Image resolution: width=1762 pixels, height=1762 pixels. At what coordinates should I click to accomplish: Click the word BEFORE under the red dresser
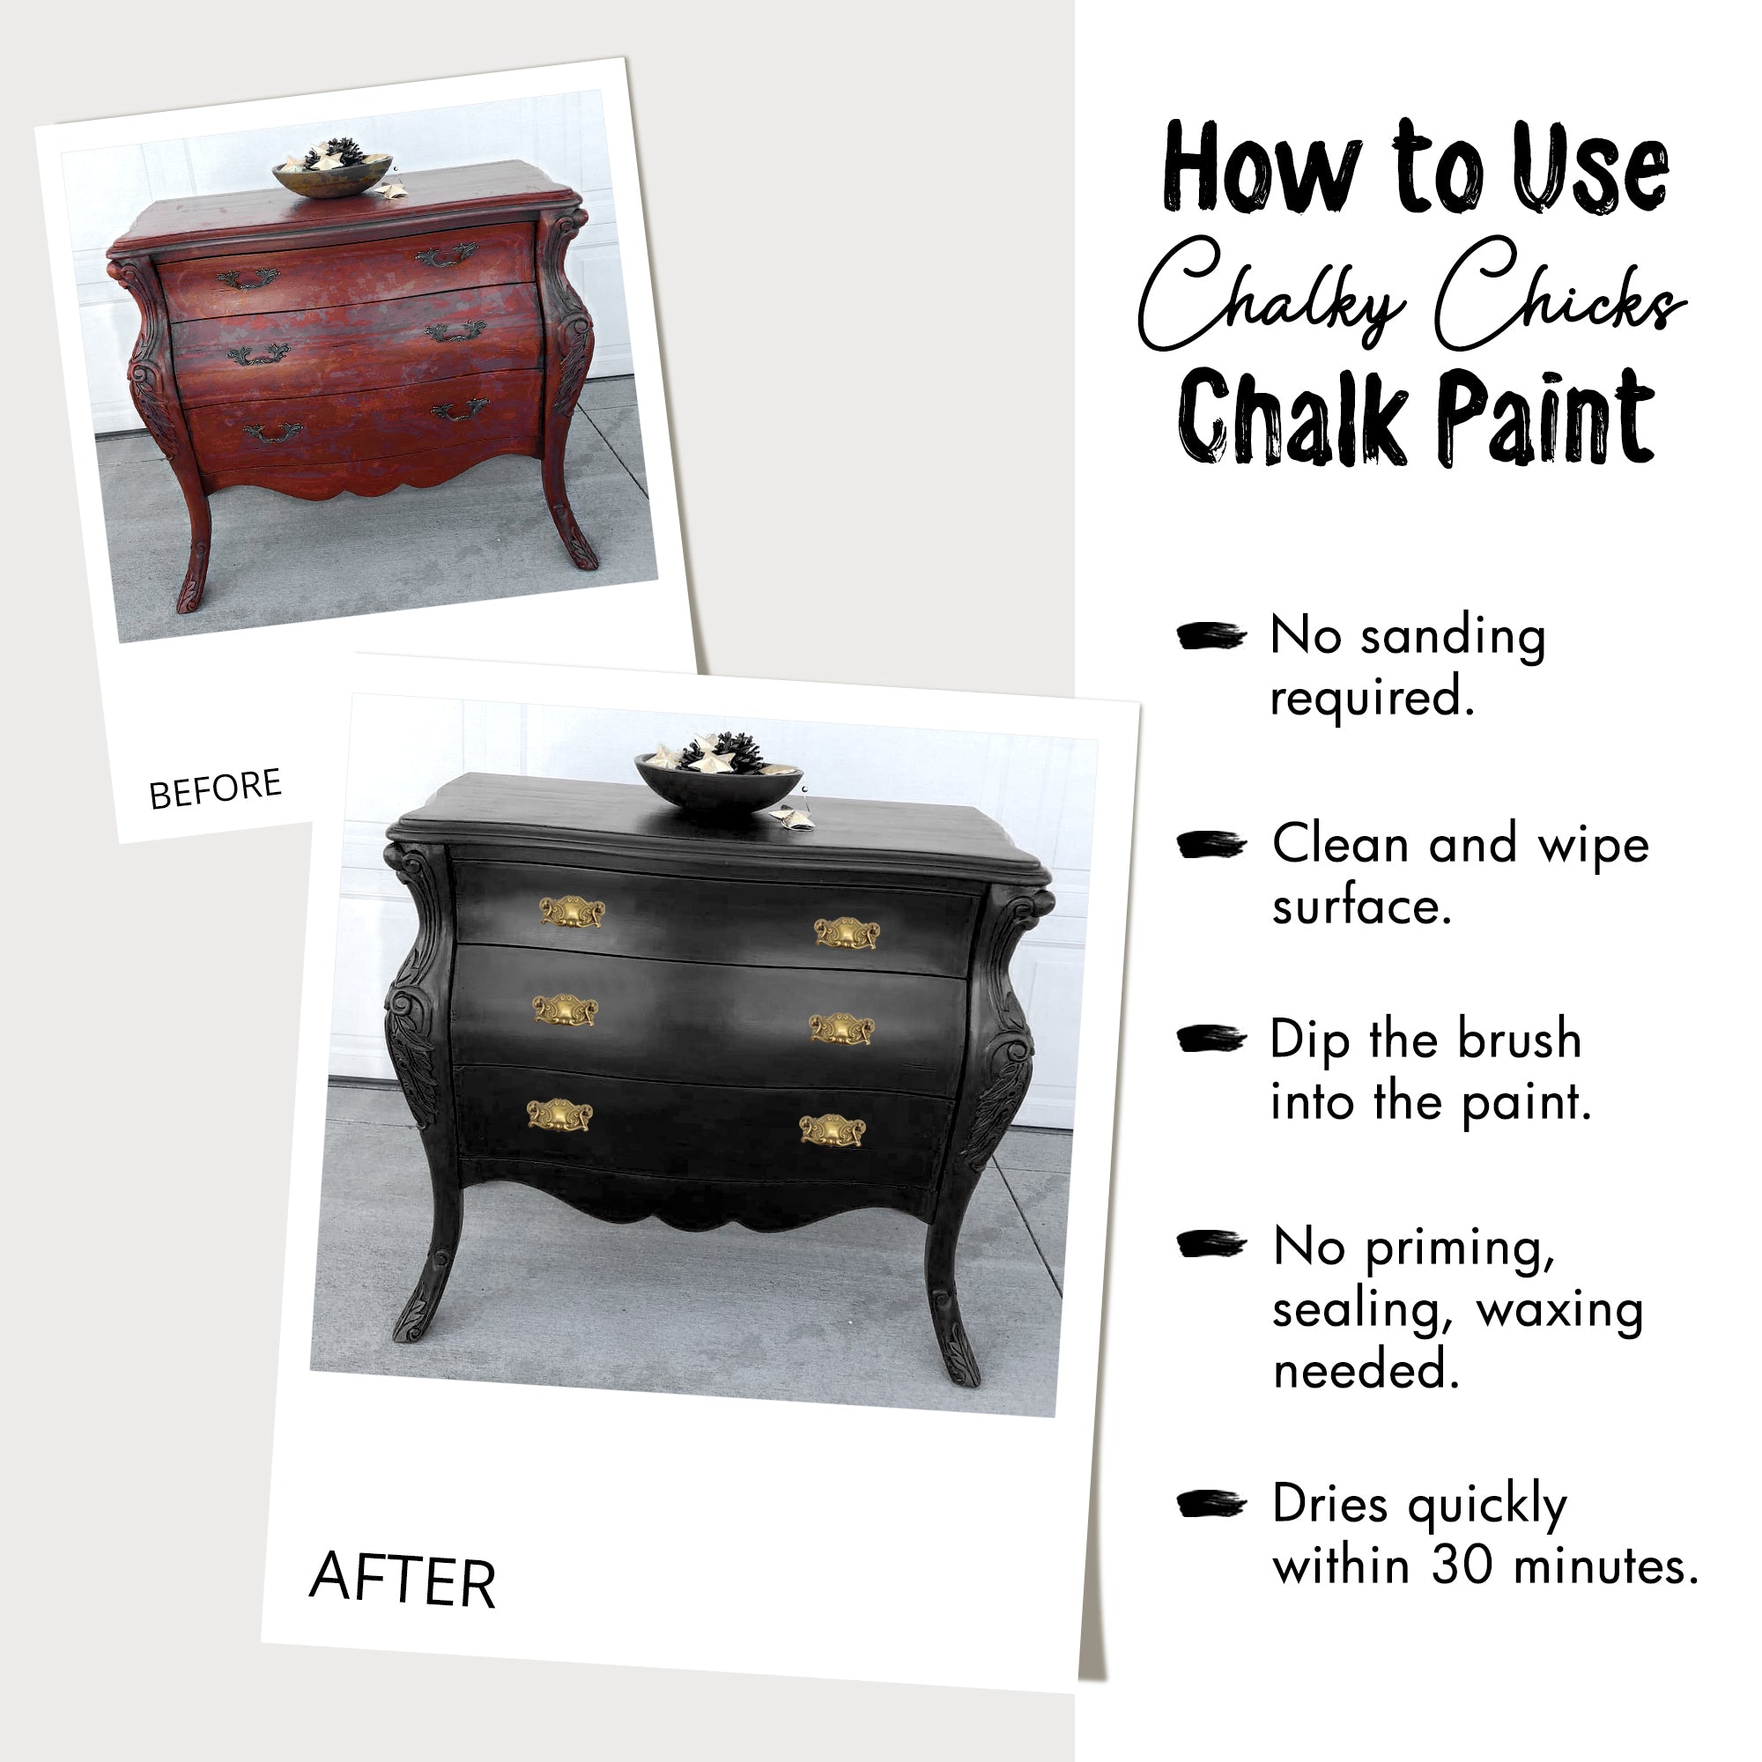[x=215, y=788]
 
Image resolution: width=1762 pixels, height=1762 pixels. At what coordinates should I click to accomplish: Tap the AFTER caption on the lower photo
[x=403, y=1579]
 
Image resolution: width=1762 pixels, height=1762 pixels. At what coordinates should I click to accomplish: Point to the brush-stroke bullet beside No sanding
[x=1210, y=636]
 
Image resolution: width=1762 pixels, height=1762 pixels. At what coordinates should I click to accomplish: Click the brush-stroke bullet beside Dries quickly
[x=1210, y=1504]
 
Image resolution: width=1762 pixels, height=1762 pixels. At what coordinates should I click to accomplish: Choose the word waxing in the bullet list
[x=1559, y=1310]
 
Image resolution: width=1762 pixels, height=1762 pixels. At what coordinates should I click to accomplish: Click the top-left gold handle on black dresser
[x=572, y=912]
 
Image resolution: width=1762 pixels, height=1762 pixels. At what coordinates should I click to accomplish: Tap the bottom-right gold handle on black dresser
[x=832, y=1131]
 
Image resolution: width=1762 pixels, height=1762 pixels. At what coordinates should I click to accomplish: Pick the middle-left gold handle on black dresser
[x=565, y=1011]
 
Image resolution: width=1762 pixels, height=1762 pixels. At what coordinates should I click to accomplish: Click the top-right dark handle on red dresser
[x=446, y=256]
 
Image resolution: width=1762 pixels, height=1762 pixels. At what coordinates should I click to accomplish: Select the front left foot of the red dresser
[x=192, y=593]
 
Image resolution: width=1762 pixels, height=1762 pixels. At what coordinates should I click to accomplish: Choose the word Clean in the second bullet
[x=1341, y=845]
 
